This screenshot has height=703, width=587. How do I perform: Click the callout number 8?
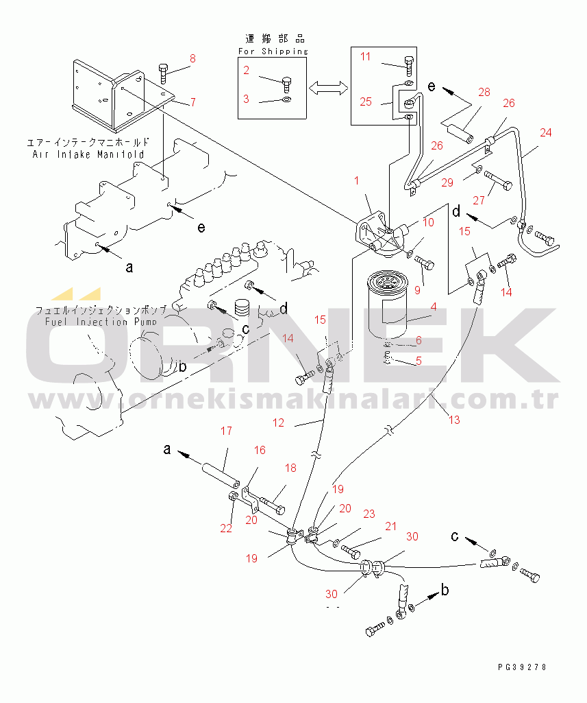192,59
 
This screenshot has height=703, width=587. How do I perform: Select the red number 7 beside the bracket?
193,102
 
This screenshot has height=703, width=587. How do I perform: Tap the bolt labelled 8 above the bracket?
163,73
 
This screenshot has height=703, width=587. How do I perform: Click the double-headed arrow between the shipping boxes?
329,88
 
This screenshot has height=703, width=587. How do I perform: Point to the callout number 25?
366,102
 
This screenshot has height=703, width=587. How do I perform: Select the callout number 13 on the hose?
454,420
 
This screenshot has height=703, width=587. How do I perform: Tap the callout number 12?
279,422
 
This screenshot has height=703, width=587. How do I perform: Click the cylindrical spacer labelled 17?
221,477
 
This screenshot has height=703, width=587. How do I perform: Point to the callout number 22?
226,528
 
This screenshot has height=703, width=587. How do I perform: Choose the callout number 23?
369,514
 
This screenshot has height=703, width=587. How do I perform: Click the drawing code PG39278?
522,667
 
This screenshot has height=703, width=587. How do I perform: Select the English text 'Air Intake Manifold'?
88,154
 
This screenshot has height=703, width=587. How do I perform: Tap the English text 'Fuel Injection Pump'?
101,322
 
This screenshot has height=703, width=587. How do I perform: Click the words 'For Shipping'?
273,51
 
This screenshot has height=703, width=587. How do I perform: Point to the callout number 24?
546,132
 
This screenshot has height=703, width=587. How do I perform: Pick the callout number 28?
484,93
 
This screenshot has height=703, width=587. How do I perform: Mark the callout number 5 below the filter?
419,361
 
